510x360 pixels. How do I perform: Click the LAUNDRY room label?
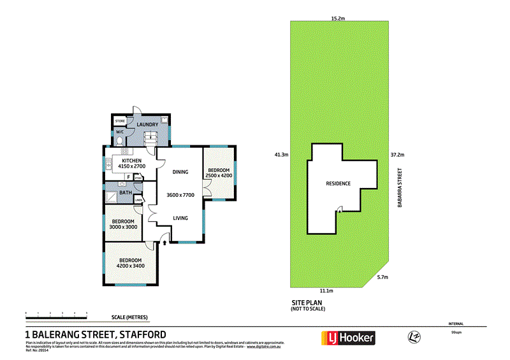(147, 125)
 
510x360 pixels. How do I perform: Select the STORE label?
(119, 120)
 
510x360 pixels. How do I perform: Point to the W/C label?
(119, 133)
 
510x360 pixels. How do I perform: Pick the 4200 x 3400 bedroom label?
(130, 263)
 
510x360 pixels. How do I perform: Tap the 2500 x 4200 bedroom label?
(218, 173)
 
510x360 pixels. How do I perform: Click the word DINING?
(180, 171)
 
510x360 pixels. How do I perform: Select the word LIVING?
(180, 219)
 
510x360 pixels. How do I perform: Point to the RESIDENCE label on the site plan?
(338, 184)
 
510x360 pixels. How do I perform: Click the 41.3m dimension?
(281, 154)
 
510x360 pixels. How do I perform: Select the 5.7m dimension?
(382, 277)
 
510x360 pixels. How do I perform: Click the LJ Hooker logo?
(351, 338)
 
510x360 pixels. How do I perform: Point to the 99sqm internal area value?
(455, 333)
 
